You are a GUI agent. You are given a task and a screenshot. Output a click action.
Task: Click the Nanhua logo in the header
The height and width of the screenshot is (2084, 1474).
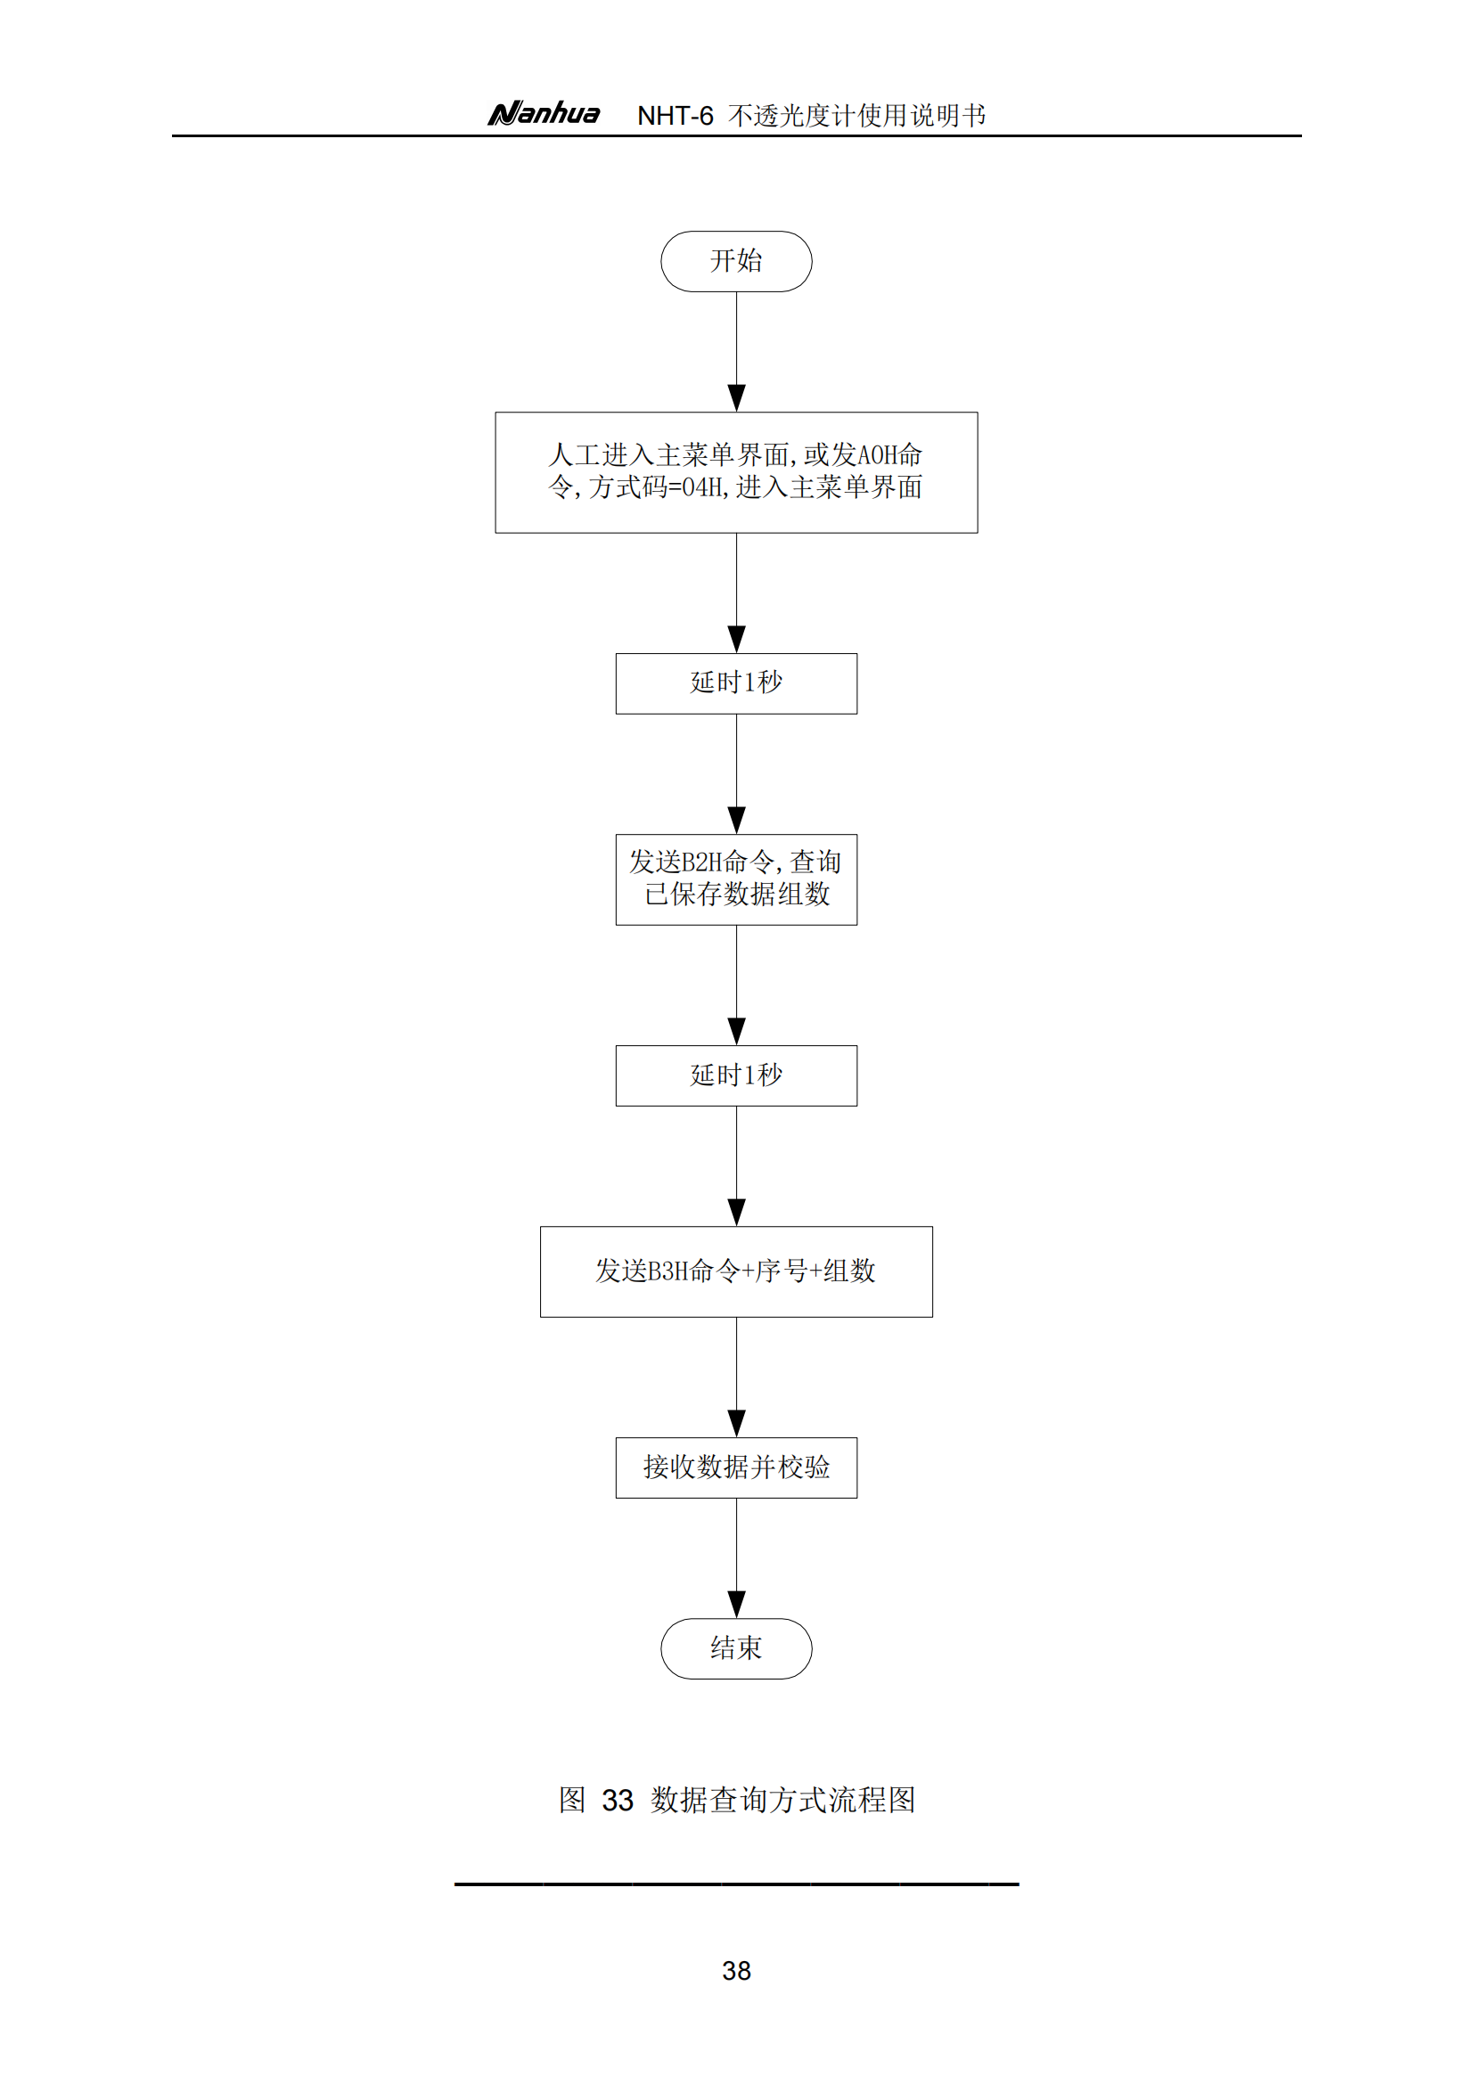pyautogui.click(x=544, y=113)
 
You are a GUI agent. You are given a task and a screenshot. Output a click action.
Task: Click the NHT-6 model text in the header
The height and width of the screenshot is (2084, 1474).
pyautogui.click(x=676, y=116)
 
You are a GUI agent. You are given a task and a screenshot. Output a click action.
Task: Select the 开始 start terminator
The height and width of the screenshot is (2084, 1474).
pyautogui.click(x=736, y=261)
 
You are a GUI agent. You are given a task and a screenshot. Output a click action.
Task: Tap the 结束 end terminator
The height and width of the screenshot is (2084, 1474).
pyautogui.click(x=736, y=1648)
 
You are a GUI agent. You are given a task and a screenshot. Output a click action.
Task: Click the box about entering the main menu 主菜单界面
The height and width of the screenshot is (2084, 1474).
pyautogui.click(x=736, y=473)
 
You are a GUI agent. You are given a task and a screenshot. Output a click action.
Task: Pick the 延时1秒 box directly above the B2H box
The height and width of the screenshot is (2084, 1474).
pyautogui.click(x=736, y=683)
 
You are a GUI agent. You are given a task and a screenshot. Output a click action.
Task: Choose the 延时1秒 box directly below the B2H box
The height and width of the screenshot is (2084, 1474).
pyautogui.click(x=736, y=1075)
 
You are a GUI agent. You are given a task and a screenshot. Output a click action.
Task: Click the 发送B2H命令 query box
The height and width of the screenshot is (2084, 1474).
pyautogui.click(x=736, y=879)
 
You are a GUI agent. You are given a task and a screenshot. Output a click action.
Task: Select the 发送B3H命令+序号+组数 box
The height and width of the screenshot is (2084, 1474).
pyautogui.click(x=736, y=1271)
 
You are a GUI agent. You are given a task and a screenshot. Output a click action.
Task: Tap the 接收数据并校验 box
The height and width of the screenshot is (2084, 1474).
pyautogui.click(x=736, y=1467)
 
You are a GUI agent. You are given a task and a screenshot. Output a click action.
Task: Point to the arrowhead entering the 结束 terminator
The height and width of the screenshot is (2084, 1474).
pyautogui.click(x=736, y=1605)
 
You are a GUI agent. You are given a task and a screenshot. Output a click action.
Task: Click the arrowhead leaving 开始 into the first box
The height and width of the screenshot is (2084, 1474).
pyautogui.click(x=736, y=398)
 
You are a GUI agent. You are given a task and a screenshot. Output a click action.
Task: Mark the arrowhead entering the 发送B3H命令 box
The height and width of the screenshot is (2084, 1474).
pyautogui.click(x=736, y=1213)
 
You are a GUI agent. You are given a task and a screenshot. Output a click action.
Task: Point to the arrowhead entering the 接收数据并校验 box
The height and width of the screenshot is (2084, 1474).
pyautogui.click(x=736, y=1424)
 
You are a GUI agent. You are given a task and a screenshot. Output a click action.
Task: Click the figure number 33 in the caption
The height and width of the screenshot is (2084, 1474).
pyautogui.click(x=618, y=1800)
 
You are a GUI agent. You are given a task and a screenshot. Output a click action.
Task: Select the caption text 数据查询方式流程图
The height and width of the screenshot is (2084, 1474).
pyautogui.click(x=782, y=1799)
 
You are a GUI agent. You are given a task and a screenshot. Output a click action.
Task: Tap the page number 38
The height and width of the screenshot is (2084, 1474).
pyautogui.click(x=736, y=1971)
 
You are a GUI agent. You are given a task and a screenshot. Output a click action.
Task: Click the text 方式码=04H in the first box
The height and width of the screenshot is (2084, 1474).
pyautogui.click(x=656, y=487)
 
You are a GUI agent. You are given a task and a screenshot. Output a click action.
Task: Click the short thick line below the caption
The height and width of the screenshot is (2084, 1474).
pyautogui.click(x=736, y=1884)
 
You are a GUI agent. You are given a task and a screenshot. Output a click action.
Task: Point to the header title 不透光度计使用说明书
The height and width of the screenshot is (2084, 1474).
pyautogui.click(x=856, y=115)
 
